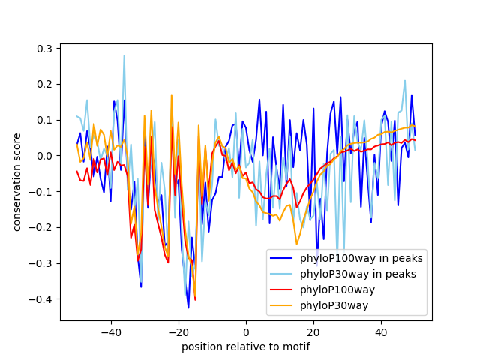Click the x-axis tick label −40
(x=110, y=331)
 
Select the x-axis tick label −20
(x=178, y=331)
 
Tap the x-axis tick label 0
(x=246, y=331)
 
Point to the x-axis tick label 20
(x=313, y=331)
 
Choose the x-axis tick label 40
(x=381, y=331)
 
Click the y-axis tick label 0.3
(x=46, y=49)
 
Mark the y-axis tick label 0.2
(x=46, y=84)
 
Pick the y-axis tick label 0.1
(x=46, y=120)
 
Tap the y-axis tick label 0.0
(x=46, y=156)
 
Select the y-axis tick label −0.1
(x=43, y=191)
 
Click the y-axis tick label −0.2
(x=43, y=227)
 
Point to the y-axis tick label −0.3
(x=43, y=263)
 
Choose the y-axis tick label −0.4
(x=43, y=298)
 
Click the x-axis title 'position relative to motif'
(x=245, y=346)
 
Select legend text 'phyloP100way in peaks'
(x=361, y=258)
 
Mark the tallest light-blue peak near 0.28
(x=124, y=55)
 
